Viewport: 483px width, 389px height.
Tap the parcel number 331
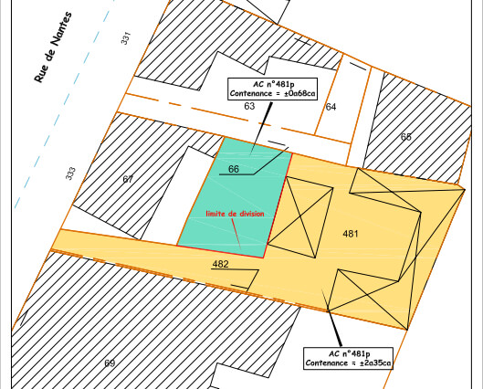click(126, 38)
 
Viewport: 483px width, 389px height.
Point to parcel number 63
click(249, 107)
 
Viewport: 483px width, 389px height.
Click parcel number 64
click(331, 108)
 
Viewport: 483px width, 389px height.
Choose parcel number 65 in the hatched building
click(405, 137)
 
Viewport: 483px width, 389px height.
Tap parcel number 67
click(128, 179)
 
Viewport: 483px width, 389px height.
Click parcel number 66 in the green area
click(234, 169)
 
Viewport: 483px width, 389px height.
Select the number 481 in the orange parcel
click(351, 234)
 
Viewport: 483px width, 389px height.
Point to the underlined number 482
click(220, 264)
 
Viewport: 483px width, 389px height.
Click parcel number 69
click(110, 363)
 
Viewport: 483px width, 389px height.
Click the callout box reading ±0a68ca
click(272, 89)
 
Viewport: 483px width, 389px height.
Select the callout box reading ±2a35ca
click(348, 357)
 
